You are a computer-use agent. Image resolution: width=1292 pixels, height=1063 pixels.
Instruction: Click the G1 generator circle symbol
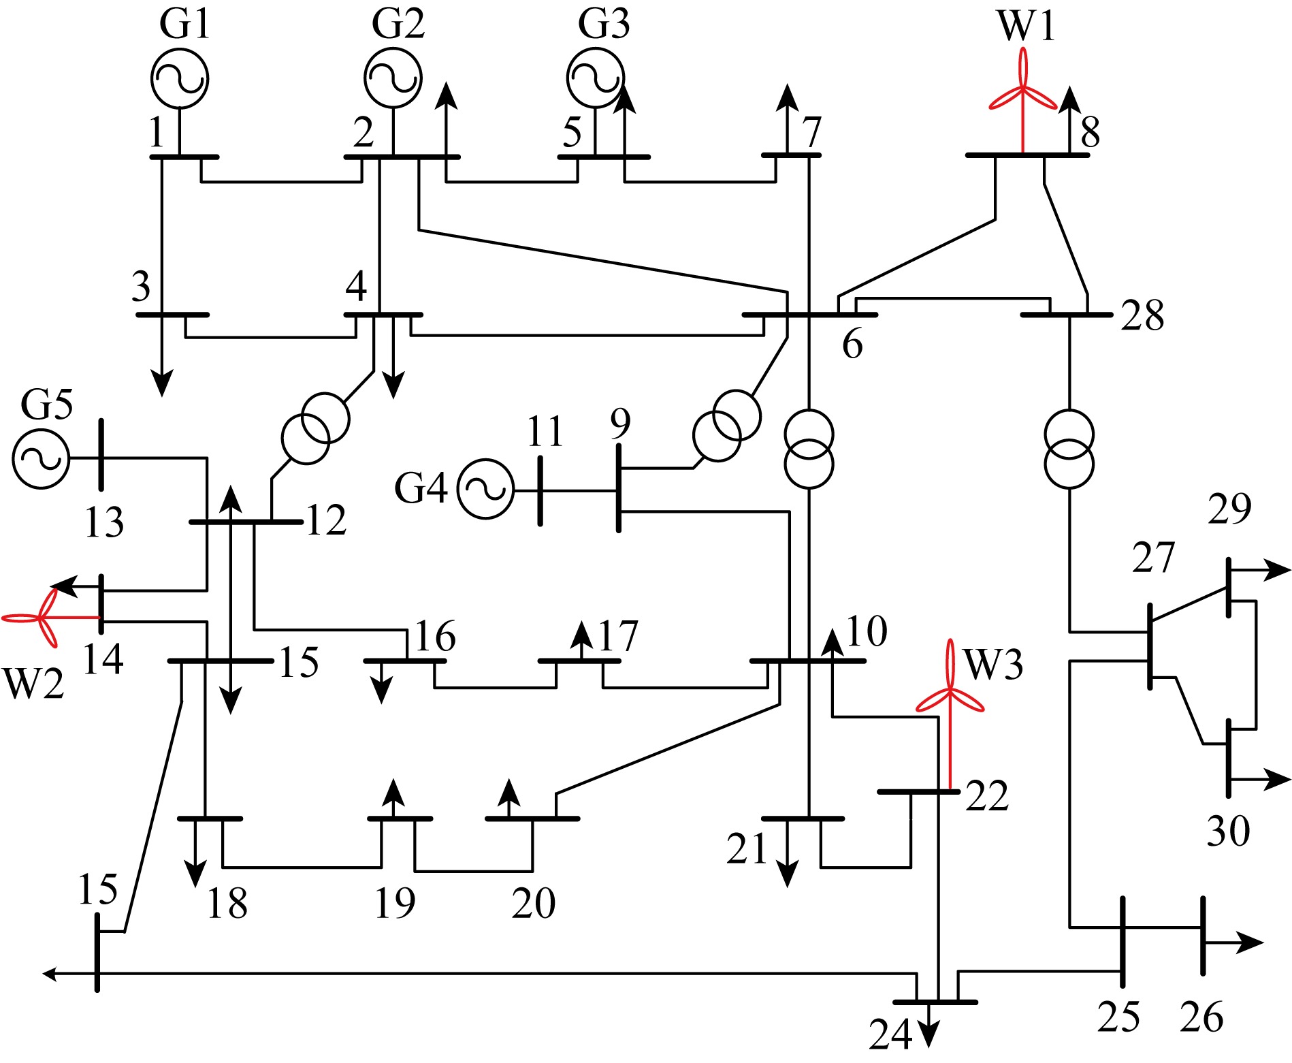(x=180, y=79)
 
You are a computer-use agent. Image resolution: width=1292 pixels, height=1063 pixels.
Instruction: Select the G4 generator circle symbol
(x=485, y=490)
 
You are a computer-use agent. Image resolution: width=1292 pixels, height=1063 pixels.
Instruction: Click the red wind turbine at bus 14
(x=48, y=618)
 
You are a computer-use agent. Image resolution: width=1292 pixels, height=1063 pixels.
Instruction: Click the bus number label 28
(x=1143, y=317)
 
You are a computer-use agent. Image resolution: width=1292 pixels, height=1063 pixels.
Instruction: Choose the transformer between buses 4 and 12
(x=316, y=428)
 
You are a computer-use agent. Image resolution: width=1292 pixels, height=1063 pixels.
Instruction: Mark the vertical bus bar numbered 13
(x=101, y=455)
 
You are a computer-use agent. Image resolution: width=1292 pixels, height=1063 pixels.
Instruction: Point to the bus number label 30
(x=1229, y=831)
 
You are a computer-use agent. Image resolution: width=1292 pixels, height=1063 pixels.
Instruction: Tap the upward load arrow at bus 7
(x=788, y=119)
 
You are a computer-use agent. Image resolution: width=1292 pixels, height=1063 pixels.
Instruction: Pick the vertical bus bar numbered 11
(x=540, y=490)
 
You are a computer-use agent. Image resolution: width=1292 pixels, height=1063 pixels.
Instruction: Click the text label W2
(x=33, y=684)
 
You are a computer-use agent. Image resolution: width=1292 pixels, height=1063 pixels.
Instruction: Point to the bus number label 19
(x=395, y=904)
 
